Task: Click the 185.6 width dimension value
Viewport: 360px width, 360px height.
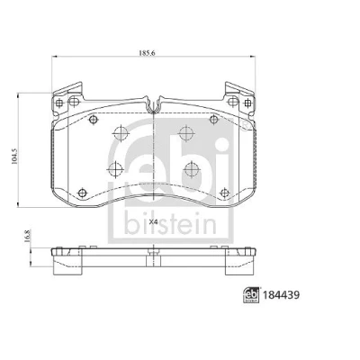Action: pos(147,53)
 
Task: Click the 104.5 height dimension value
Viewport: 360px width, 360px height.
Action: pos(13,156)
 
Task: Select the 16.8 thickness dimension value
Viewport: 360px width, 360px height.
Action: pos(28,236)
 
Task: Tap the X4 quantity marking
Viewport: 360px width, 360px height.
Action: pos(153,222)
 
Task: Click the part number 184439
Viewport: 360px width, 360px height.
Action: pos(281,295)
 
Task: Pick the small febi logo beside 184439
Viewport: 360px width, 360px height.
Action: pos(251,295)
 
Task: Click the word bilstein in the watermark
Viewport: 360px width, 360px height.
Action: pos(170,224)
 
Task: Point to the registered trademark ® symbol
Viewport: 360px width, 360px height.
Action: pos(245,126)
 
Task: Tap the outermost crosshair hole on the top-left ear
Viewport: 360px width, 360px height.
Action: pos(59,103)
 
